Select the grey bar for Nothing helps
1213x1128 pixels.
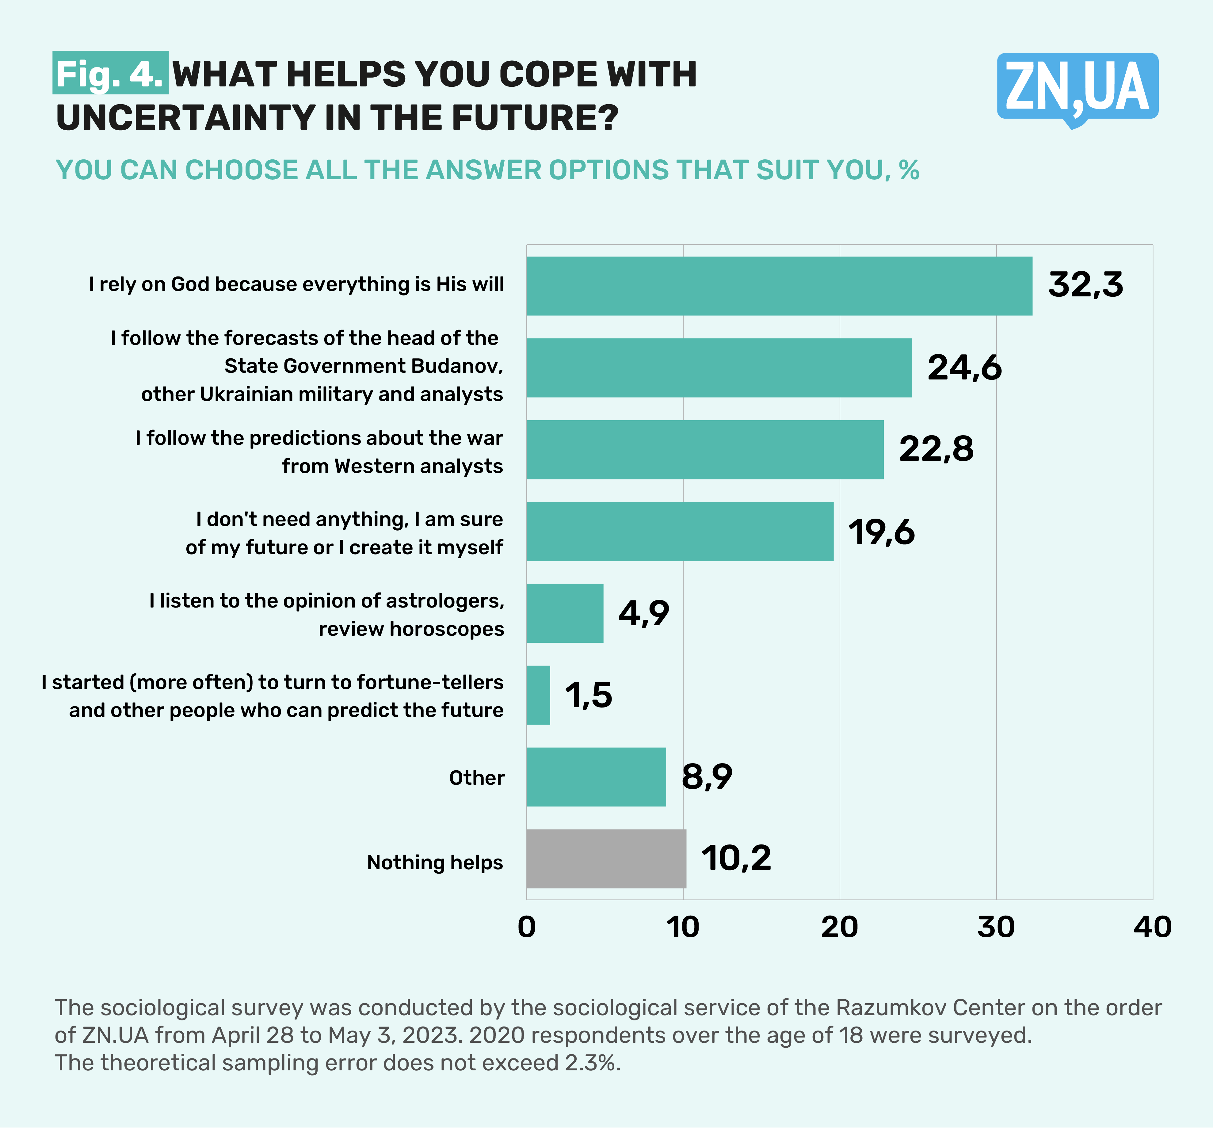[606, 858]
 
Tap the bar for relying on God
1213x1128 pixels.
[779, 285]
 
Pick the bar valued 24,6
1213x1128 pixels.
[719, 368]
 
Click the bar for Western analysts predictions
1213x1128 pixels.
[705, 450]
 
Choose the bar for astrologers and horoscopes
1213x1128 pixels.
[564, 613]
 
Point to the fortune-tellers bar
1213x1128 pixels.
[538, 695]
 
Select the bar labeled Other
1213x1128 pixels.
[596, 777]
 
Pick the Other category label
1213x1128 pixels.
[477, 778]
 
